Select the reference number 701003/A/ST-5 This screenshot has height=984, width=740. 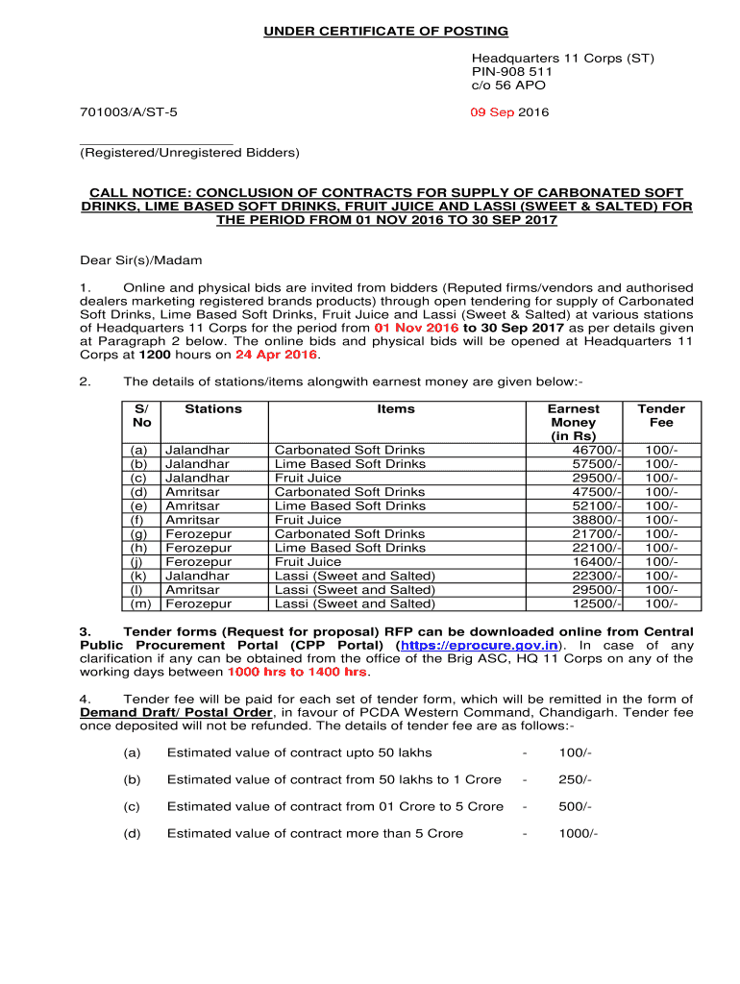coord(128,112)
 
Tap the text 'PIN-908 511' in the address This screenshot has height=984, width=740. coord(511,72)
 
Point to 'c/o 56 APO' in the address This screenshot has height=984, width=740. coord(507,86)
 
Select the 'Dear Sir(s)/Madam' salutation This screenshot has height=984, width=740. coord(140,260)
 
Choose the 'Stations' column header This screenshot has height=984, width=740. coord(213,409)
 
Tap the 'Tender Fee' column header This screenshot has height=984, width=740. coord(661,416)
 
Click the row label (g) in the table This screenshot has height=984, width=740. coord(140,534)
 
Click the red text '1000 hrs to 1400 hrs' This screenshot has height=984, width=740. coord(297,673)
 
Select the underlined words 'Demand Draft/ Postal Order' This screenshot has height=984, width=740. coord(177,713)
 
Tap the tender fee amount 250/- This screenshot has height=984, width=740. coord(575,779)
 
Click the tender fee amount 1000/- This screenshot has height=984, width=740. coord(579,833)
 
